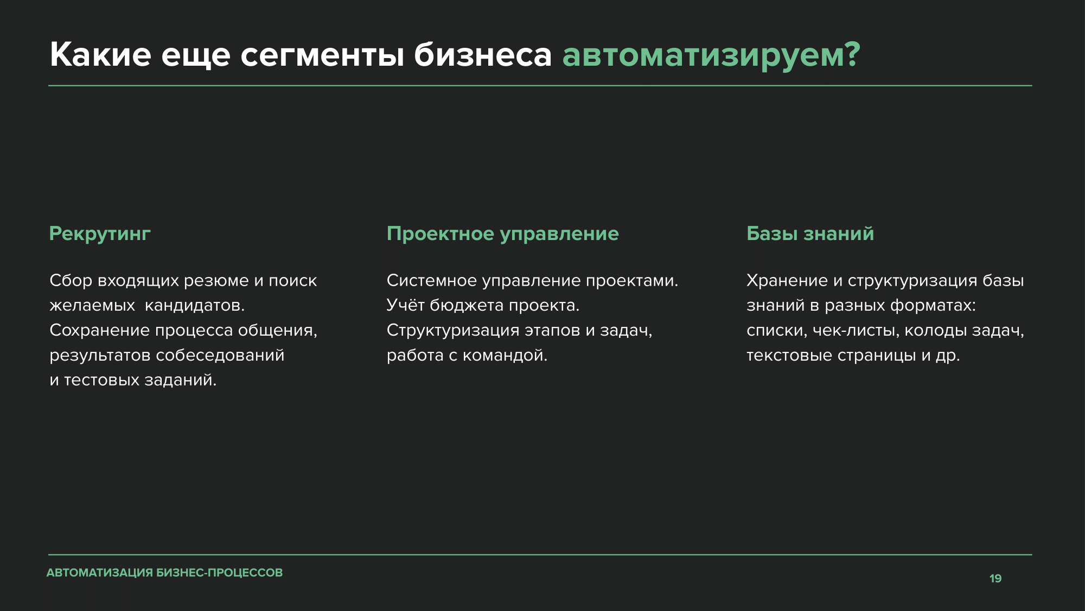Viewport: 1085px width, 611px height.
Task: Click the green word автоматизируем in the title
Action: click(704, 56)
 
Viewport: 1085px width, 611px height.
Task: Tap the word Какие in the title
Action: click(100, 55)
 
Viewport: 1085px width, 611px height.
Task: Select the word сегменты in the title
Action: click(322, 56)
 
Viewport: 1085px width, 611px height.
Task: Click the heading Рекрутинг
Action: click(100, 234)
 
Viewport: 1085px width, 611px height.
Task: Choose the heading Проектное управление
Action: click(503, 234)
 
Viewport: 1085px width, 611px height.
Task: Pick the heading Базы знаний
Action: click(810, 234)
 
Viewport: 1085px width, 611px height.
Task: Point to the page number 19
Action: click(995, 578)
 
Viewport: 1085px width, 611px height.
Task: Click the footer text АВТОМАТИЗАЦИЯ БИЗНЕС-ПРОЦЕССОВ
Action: click(165, 573)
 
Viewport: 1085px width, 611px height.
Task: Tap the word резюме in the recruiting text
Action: click(216, 281)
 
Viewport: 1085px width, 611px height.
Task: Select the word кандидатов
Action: click(195, 306)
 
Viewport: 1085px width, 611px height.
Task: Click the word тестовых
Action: click(102, 380)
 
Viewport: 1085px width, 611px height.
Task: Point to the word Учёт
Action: click(405, 305)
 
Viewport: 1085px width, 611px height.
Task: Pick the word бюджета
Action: click(467, 306)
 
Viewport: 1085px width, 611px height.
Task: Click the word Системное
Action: click(432, 281)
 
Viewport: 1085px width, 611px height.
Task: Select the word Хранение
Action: click(787, 281)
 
